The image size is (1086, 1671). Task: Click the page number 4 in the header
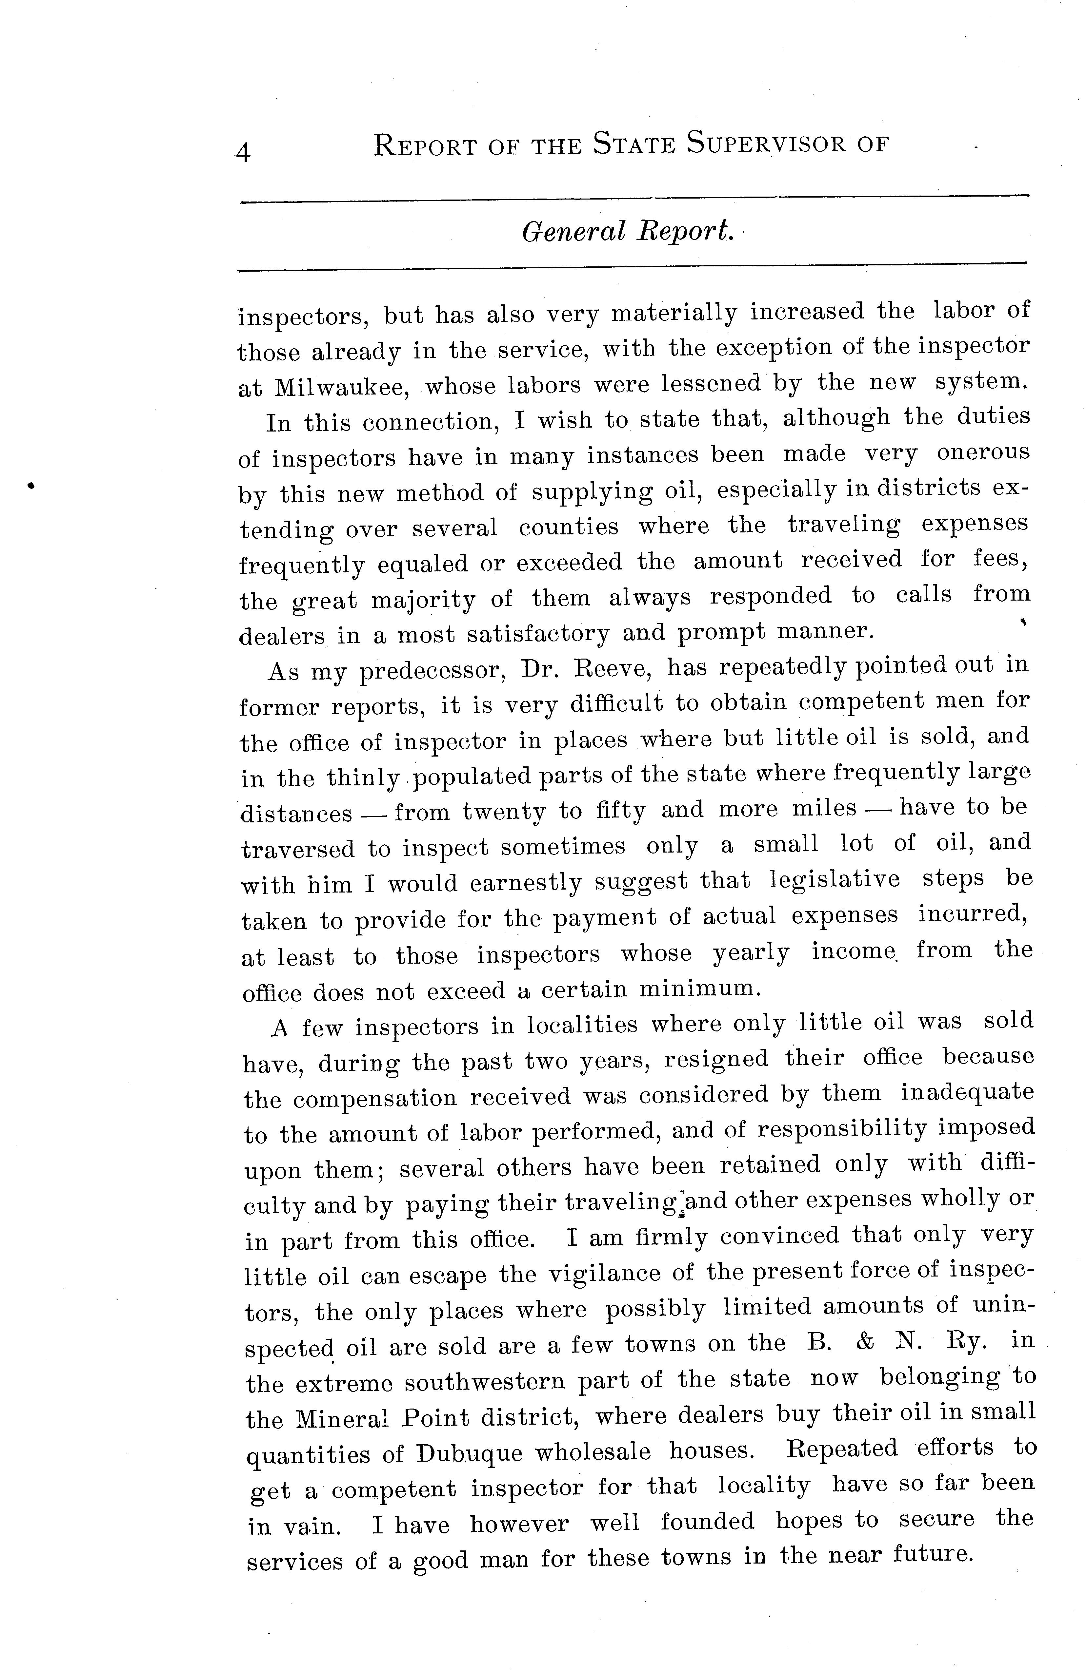(x=244, y=152)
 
